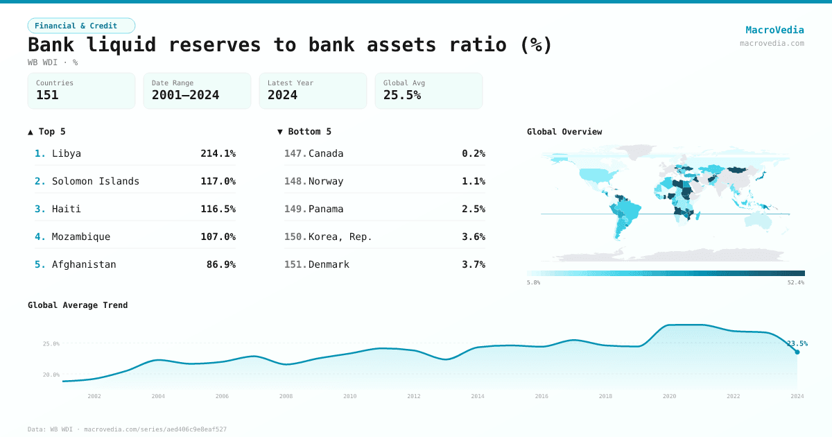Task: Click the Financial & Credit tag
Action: coord(81,26)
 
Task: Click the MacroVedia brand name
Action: coord(774,30)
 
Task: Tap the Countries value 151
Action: coord(47,95)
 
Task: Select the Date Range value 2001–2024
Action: coord(185,95)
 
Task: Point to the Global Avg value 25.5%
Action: coord(402,95)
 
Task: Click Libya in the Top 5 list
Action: coord(67,153)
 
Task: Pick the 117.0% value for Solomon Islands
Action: coord(218,181)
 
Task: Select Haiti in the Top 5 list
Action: coord(67,209)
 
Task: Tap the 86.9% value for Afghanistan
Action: coord(220,264)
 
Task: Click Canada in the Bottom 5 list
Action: coord(326,153)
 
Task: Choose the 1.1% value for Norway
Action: coord(473,181)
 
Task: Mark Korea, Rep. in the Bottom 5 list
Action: coord(340,237)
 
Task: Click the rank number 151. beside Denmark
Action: coord(295,264)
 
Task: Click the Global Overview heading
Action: coord(564,132)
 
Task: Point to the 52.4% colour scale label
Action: coord(795,283)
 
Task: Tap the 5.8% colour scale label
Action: coord(534,283)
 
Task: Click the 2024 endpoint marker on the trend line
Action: coord(797,352)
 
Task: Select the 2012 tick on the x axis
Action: coord(414,396)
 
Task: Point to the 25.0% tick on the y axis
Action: coord(51,343)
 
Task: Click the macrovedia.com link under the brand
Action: coord(772,43)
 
